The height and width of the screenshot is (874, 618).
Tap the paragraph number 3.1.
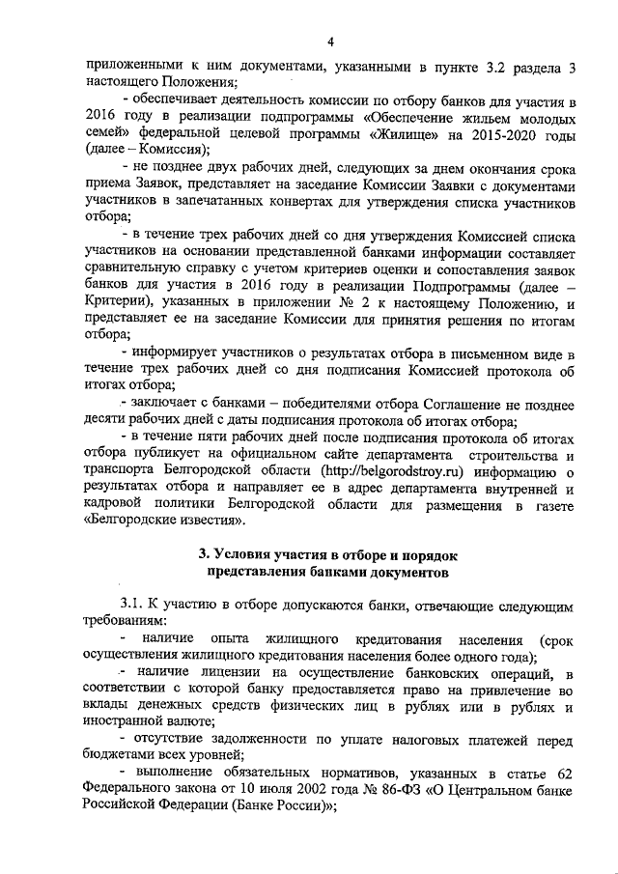[132, 605]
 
